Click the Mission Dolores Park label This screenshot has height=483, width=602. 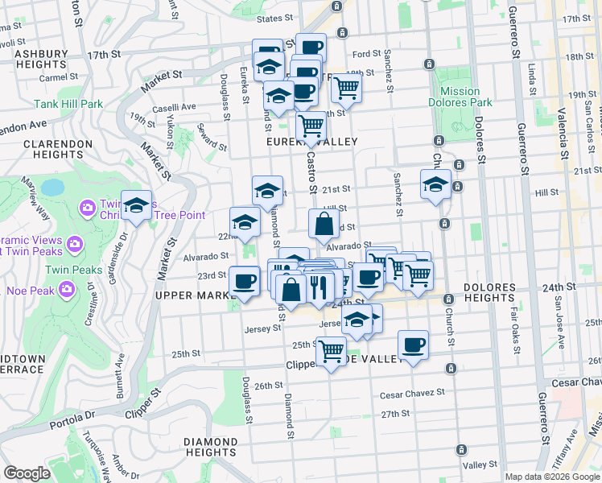coord(460,97)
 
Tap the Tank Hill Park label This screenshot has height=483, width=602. coord(68,104)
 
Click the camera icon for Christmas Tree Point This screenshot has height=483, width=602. coord(87,208)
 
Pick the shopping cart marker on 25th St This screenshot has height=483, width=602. coord(332,351)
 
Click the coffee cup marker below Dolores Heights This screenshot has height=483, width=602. coord(413,345)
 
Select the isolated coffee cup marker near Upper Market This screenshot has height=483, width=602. coord(244,282)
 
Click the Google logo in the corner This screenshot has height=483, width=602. coord(27,473)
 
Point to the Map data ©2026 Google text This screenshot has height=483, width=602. coord(552,477)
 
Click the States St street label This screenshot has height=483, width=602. coord(272,18)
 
